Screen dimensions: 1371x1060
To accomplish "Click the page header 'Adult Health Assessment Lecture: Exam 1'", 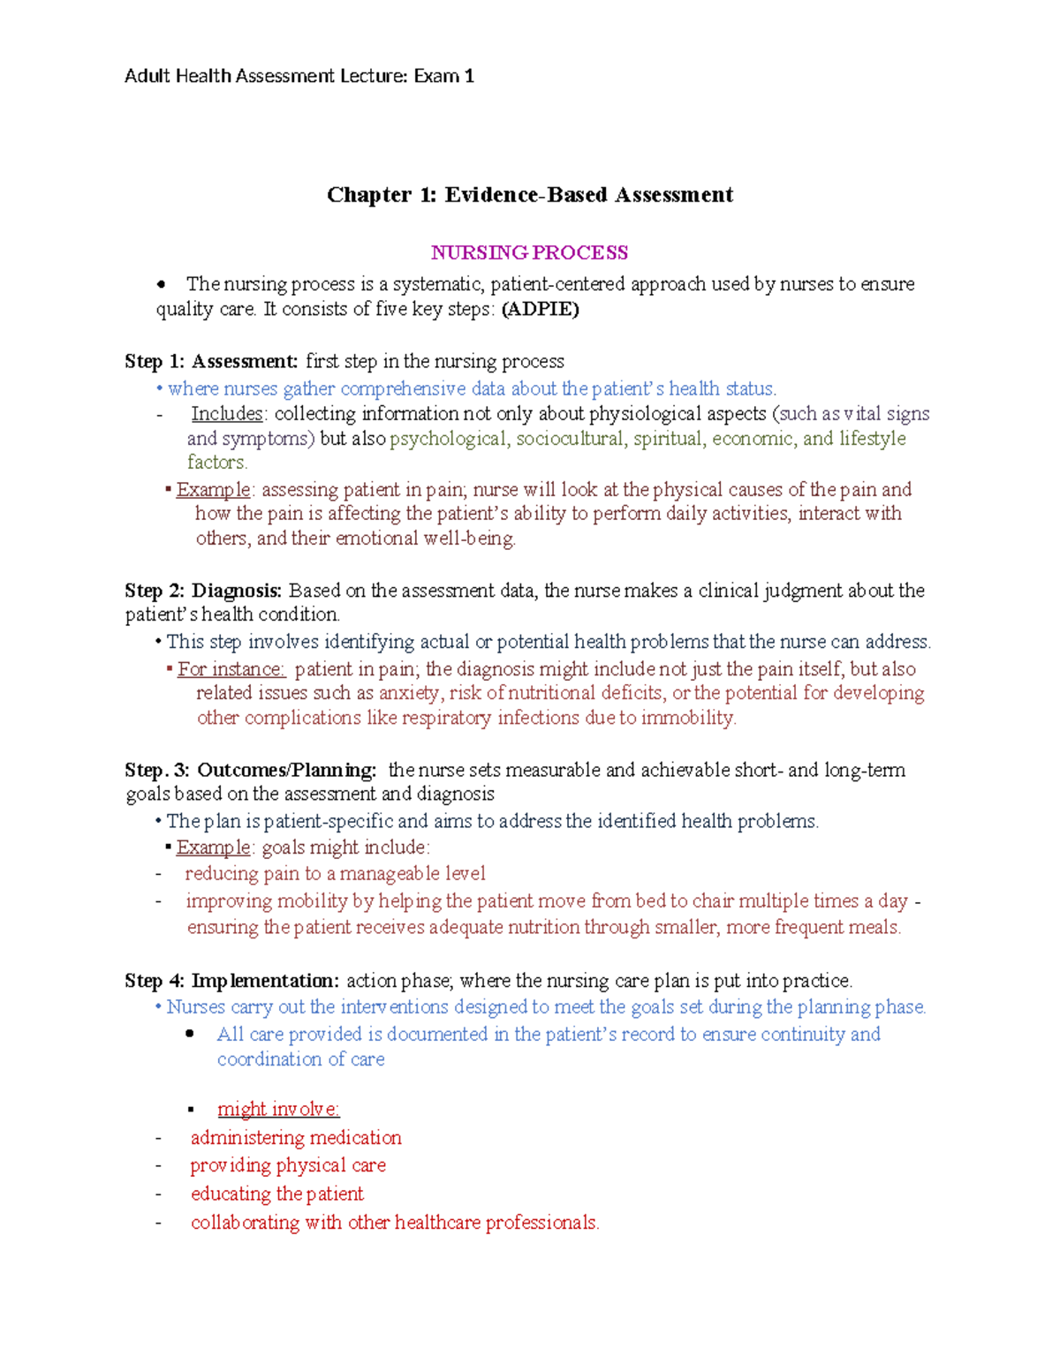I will point(299,76).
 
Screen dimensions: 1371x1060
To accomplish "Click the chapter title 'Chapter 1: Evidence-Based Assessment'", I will point(529,194).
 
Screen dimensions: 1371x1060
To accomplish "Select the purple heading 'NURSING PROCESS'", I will point(529,252).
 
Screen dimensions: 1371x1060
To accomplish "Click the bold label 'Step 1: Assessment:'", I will point(212,361).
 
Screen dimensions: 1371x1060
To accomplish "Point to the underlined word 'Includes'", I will point(227,413).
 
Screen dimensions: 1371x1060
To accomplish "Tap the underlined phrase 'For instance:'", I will point(231,668).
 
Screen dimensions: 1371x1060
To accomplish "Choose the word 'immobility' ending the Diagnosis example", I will point(687,718).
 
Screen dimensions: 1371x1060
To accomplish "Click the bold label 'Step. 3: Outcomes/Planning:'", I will point(251,770).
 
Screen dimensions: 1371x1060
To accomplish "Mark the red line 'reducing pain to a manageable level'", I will point(335,873).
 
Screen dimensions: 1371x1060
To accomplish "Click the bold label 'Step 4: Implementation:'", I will point(231,980).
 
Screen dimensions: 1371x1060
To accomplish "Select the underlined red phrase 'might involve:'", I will point(278,1109).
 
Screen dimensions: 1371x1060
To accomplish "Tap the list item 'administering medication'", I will point(296,1137).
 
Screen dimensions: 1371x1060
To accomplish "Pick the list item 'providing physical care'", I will point(288,1165).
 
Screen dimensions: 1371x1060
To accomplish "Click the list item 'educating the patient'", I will point(276,1194).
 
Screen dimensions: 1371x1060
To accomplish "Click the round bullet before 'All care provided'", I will point(190,1034).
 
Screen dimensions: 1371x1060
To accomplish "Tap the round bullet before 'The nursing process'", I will point(161,284).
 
